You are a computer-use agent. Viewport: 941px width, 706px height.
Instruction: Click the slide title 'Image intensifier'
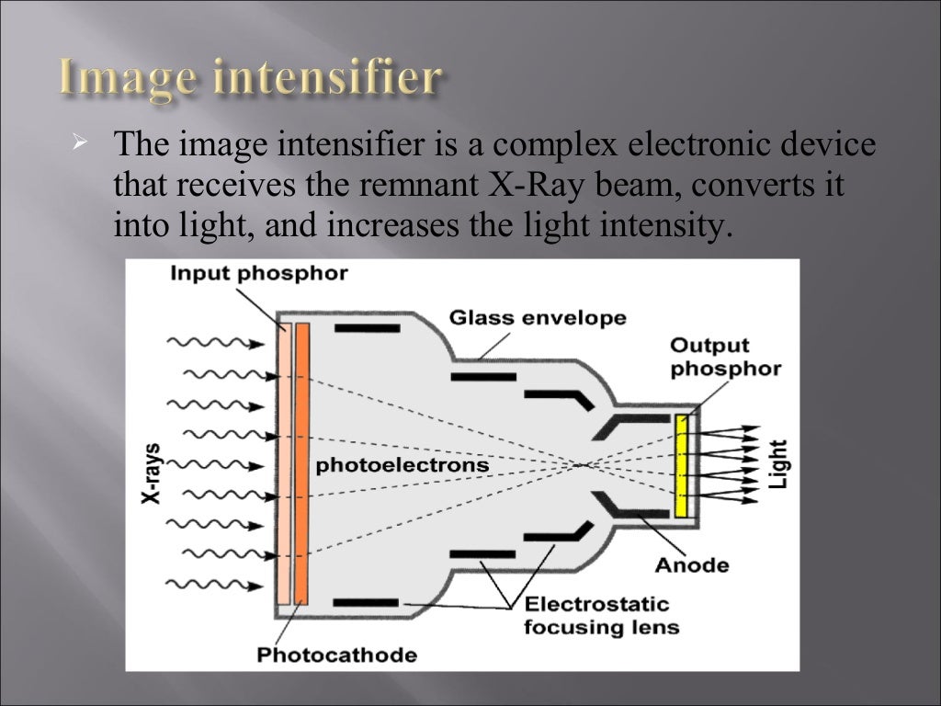(250, 77)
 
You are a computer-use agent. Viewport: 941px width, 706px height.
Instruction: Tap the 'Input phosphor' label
(258, 274)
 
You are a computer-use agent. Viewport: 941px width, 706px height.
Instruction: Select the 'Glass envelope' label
(538, 318)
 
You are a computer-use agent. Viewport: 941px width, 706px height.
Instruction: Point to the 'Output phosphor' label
(725, 358)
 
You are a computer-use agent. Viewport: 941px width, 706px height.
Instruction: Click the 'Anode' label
(692, 564)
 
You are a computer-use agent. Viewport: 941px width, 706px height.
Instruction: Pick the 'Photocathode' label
(336, 655)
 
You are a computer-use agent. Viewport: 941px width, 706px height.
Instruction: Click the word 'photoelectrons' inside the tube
(402, 465)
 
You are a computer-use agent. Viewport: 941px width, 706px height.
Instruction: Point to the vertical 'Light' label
(777, 464)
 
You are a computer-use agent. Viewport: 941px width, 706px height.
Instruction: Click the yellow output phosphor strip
(681, 465)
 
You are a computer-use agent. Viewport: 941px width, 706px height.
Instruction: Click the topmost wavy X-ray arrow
(214, 343)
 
